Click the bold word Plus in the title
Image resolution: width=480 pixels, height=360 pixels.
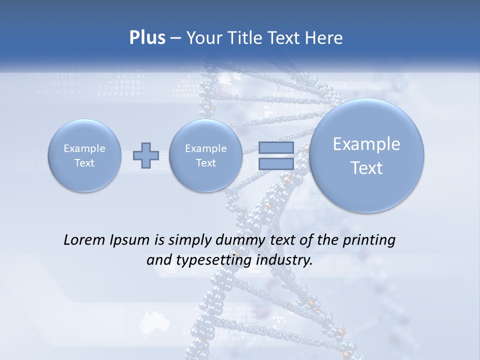[x=147, y=38]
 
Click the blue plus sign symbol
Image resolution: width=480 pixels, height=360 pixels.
[x=145, y=155]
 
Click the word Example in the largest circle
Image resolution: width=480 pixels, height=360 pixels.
[x=366, y=144]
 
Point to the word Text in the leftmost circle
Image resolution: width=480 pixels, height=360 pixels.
[x=84, y=163]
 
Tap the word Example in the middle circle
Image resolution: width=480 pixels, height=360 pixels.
[x=205, y=148]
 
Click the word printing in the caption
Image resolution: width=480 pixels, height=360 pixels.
[x=368, y=240]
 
